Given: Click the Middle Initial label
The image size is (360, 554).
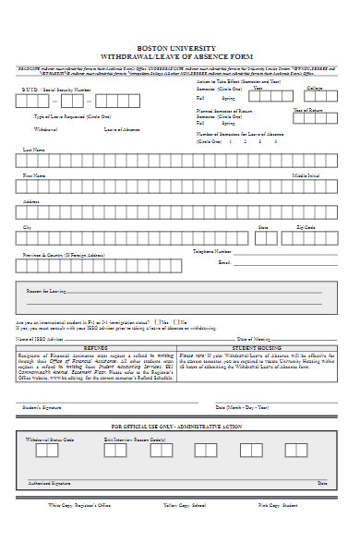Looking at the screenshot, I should point(306,175).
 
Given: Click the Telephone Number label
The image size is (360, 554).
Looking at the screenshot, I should point(211,250).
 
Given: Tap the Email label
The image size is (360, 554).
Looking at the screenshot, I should point(222,262).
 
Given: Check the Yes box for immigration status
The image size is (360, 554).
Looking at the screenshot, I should point(161,322).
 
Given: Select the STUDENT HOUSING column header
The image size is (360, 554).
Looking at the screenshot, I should point(256,348).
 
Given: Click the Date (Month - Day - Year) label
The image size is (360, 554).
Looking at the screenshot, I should point(243,407).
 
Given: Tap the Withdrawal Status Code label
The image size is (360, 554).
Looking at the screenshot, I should point(49,440).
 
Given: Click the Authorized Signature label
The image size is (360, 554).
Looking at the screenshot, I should point(49,483).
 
